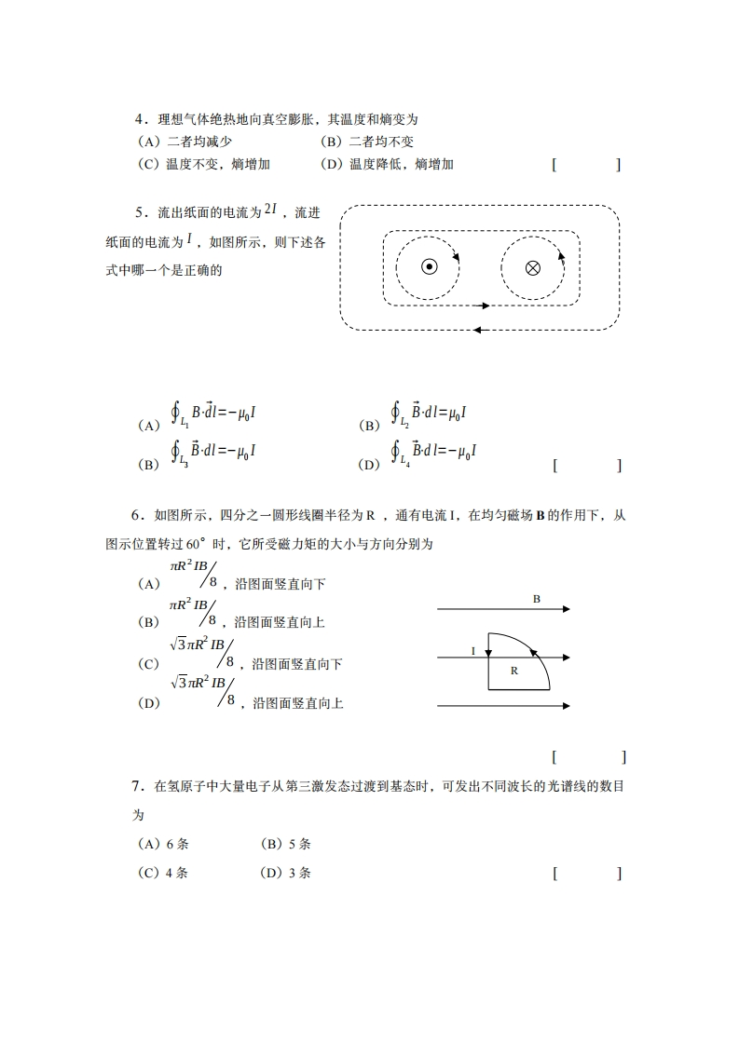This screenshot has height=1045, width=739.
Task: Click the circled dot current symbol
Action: [x=429, y=267]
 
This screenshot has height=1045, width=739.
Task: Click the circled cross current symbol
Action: [x=532, y=268]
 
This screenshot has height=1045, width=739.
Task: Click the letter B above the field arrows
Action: [x=536, y=599]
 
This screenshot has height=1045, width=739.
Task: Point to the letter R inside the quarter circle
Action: [x=513, y=670]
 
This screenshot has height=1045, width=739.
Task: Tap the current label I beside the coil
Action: [x=474, y=651]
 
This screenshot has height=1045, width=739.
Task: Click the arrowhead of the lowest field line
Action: [x=565, y=706]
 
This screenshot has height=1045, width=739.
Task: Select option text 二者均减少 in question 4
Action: [x=198, y=142]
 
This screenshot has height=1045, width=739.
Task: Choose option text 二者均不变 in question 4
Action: [x=380, y=142]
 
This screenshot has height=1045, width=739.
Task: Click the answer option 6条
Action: [x=176, y=844]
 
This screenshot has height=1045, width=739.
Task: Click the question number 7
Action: [x=136, y=787]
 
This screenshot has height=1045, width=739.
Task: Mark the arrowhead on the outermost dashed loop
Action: [x=477, y=329]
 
